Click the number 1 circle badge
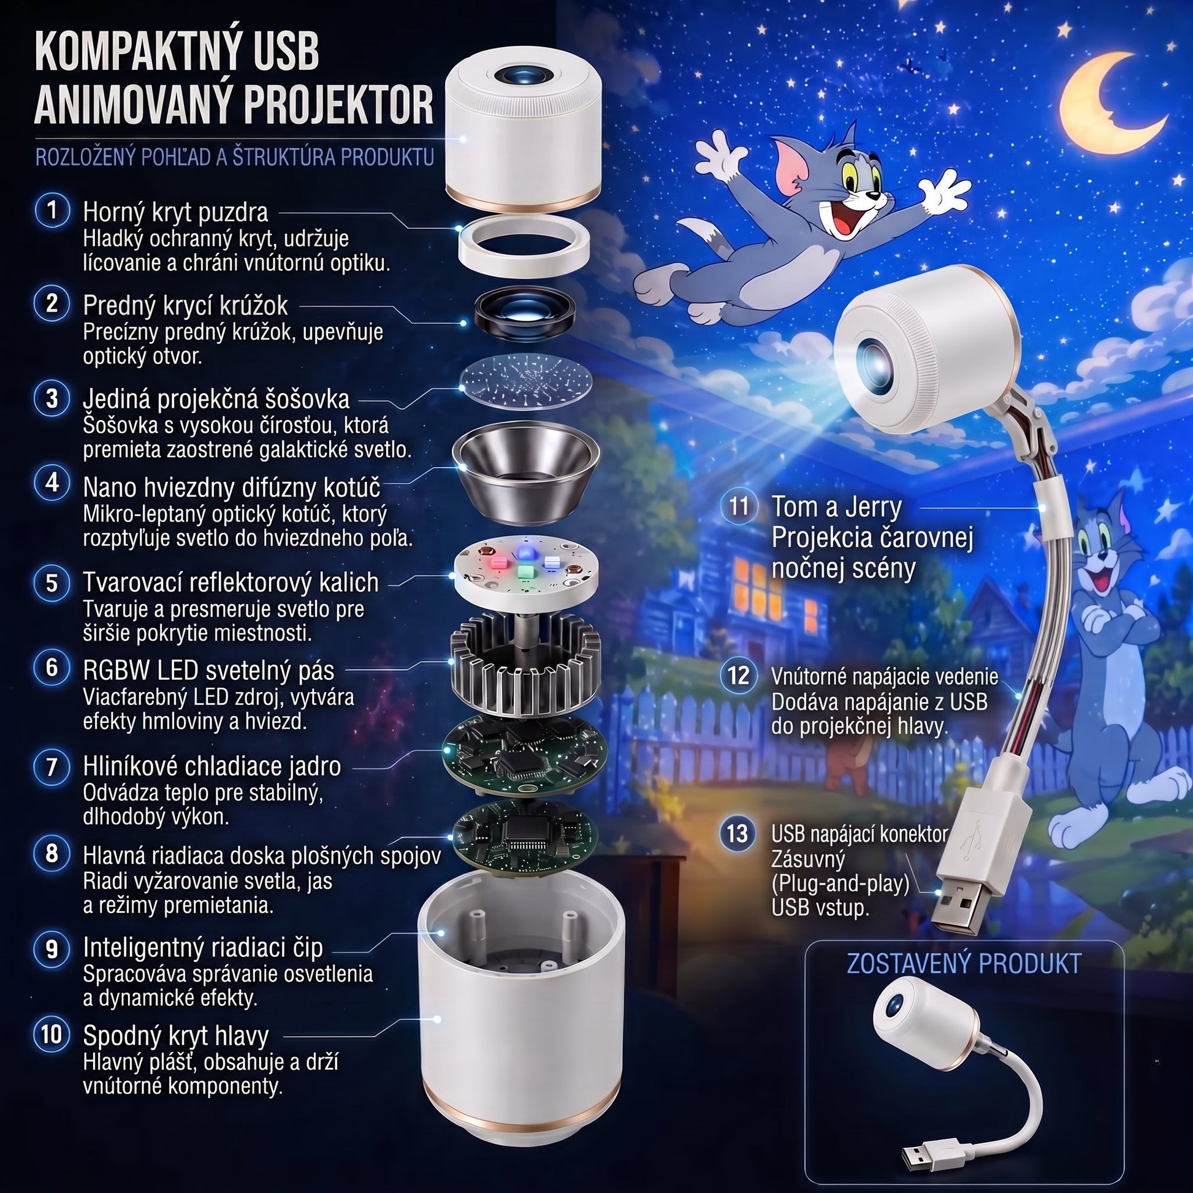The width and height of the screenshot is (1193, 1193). (x=53, y=210)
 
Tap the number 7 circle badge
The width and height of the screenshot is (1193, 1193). (x=53, y=767)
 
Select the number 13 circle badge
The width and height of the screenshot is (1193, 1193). (x=738, y=834)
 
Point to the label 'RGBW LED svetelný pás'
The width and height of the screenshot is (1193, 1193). (x=208, y=671)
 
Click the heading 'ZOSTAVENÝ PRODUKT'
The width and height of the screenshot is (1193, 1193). (x=964, y=964)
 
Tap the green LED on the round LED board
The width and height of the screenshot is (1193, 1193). (x=525, y=571)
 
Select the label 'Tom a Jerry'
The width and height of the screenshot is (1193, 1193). (x=837, y=506)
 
